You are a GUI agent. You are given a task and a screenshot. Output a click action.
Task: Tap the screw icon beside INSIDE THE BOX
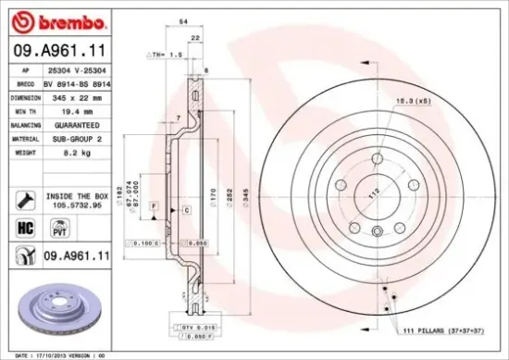pos(23,198)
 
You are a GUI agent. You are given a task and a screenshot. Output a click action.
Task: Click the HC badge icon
pos(23,227)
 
